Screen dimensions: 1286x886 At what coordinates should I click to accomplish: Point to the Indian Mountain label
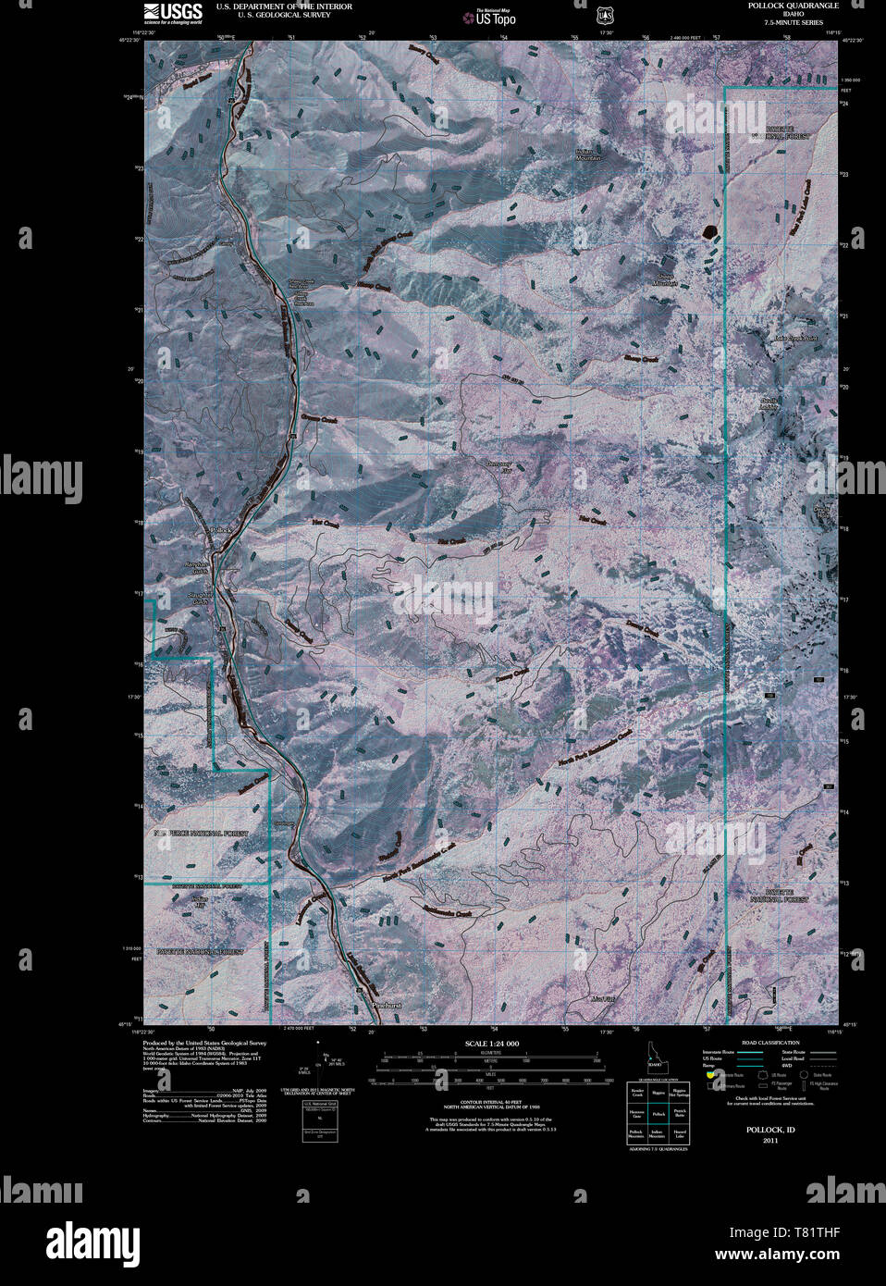tap(588, 155)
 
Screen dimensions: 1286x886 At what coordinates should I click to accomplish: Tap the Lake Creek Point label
tap(797, 339)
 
